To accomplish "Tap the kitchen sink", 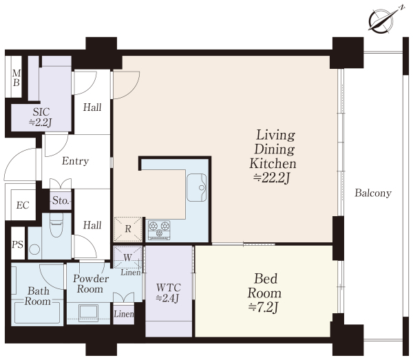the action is (x=196, y=187).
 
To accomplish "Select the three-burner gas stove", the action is (x=159, y=230).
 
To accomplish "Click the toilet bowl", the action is (x=57, y=226).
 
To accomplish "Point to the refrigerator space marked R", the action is (x=128, y=229).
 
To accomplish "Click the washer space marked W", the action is (x=127, y=257).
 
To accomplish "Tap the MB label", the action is (x=17, y=78).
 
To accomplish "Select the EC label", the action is (x=23, y=205).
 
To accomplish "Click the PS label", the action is (x=18, y=244).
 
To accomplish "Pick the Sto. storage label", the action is (x=61, y=201).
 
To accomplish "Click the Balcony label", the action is (x=373, y=193).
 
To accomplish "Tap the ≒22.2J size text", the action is (x=272, y=178).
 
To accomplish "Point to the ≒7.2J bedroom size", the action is (x=264, y=307).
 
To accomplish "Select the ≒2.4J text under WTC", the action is (x=168, y=298).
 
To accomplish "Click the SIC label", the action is (x=41, y=112).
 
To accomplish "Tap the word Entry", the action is (x=75, y=161).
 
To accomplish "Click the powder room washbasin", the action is (x=89, y=313).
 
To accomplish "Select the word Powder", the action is (x=91, y=279).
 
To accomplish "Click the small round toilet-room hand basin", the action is (x=34, y=249).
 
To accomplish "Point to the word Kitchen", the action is (x=273, y=163).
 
